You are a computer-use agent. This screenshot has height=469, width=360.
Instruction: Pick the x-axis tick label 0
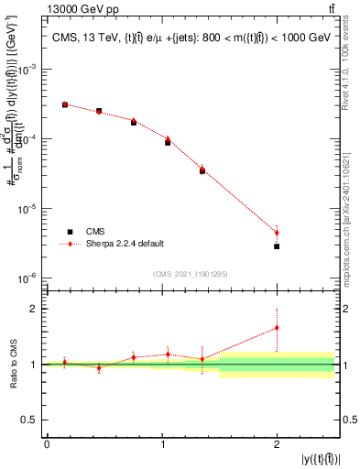[x=47, y=444]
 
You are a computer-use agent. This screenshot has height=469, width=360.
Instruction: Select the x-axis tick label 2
[x=277, y=444]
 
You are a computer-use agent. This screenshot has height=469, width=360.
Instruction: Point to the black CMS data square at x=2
[x=277, y=246]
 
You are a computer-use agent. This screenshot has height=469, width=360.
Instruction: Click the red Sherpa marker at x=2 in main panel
[x=277, y=233]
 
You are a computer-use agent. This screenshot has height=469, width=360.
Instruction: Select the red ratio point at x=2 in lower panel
[x=277, y=327]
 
